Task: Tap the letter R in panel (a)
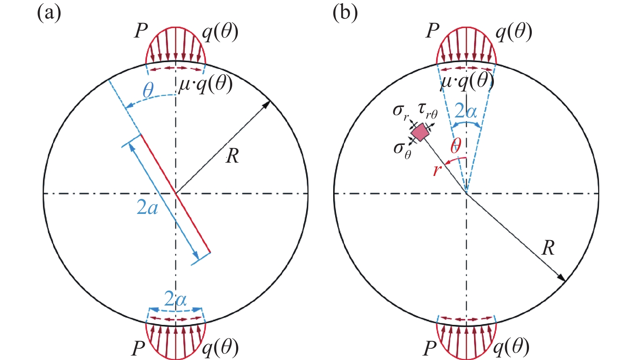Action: click(x=233, y=156)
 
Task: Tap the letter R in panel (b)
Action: click(x=548, y=248)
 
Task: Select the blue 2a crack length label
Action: click(x=147, y=207)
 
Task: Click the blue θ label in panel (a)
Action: click(x=148, y=90)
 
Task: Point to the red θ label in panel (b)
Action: click(x=456, y=145)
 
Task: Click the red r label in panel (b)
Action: click(x=437, y=170)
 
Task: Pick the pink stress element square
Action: click(x=420, y=132)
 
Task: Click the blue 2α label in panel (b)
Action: click(x=466, y=111)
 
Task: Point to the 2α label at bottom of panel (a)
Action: click(x=175, y=299)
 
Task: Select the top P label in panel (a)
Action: click(x=141, y=31)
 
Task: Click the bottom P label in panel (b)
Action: click(x=430, y=348)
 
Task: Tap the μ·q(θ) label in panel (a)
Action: click(x=206, y=84)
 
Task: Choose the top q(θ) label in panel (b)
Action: click(x=514, y=32)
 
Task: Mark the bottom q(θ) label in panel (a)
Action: click(x=220, y=347)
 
